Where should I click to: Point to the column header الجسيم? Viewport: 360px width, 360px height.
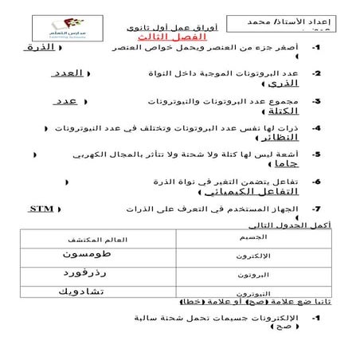pyautogui.click(x=252, y=237)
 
